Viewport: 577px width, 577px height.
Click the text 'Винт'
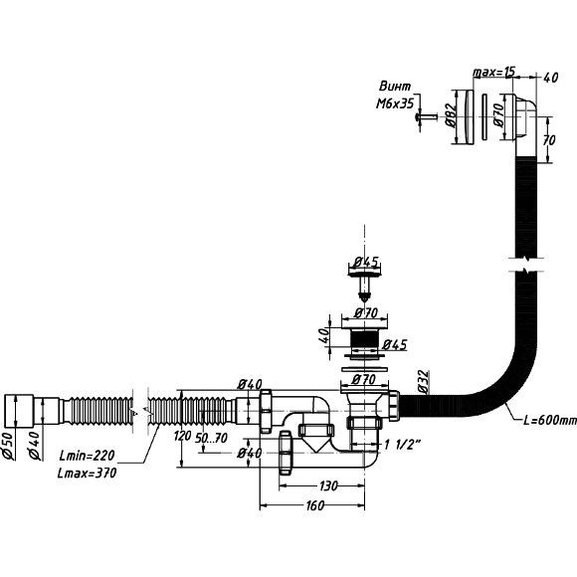click(395, 87)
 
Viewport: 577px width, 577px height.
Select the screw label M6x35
click(395, 104)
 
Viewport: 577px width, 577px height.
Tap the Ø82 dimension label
click(451, 114)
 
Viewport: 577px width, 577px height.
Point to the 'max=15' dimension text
click(493, 72)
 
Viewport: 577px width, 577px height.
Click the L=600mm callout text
click(550, 420)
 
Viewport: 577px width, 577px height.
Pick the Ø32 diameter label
click(424, 382)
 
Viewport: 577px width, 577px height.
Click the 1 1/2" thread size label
click(402, 445)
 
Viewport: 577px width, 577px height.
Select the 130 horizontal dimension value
click(328, 486)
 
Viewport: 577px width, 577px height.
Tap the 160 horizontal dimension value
click(315, 505)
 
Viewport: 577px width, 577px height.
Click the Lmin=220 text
click(87, 456)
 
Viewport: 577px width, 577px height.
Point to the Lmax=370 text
click(87, 473)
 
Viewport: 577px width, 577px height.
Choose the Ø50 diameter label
click(9, 446)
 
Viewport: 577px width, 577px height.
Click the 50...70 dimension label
click(211, 438)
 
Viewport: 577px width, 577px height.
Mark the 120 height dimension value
click(183, 436)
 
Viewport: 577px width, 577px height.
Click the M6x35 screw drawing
click(426, 116)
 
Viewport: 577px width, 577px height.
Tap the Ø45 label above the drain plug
click(366, 262)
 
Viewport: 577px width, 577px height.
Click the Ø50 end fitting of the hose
click(19, 412)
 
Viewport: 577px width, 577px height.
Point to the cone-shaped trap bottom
click(315, 444)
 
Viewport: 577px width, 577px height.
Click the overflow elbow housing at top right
click(519, 117)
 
